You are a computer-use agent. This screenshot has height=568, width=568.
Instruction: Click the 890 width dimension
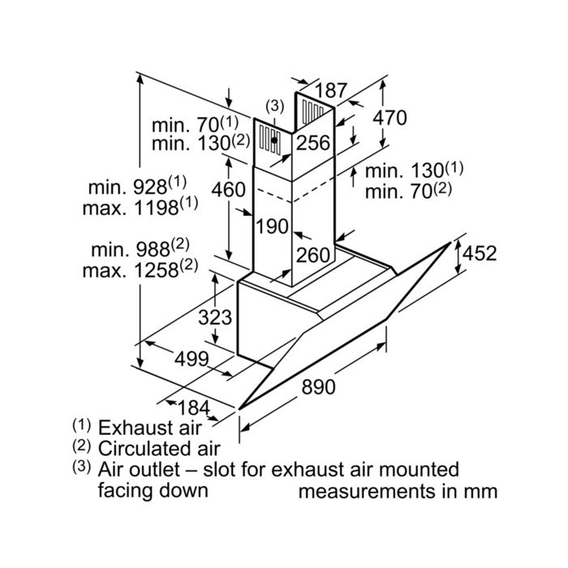tap(319, 386)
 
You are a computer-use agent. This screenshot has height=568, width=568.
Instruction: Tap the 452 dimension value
tap(480, 253)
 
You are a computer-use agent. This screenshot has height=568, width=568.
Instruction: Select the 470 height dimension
tap(389, 118)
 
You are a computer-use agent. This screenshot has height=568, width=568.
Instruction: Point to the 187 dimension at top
tap(331, 91)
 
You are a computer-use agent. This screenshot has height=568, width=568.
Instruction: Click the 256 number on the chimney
tap(313, 142)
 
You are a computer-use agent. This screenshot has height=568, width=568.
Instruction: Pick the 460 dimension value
tap(229, 189)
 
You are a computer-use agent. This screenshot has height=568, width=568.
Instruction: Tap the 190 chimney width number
tap(272, 226)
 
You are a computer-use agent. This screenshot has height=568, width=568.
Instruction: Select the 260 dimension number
tap(313, 255)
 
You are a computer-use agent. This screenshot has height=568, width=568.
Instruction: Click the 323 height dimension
tap(215, 317)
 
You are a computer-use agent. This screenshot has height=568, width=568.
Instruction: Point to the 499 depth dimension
tap(192, 359)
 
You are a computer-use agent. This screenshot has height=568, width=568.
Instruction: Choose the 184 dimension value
tap(194, 407)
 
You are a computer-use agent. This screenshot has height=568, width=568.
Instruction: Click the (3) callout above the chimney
tap(275, 106)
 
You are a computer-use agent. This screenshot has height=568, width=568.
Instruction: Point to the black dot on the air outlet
tap(274, 140)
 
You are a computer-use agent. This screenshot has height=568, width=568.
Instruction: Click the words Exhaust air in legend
tap(149, 428)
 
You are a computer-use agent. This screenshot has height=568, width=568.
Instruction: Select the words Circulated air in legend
tap(159, 449)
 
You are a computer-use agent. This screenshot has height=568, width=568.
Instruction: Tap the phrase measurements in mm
tap(398, 492)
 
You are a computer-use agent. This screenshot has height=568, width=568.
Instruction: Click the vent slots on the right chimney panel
tap(312, 110)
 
